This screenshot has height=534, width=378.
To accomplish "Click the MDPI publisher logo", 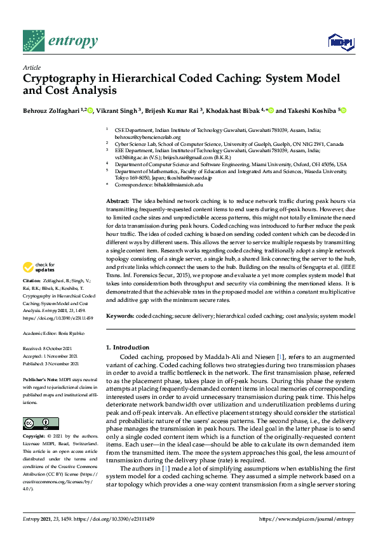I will click(341, 42).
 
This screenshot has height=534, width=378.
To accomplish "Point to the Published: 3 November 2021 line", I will click(51, 363).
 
